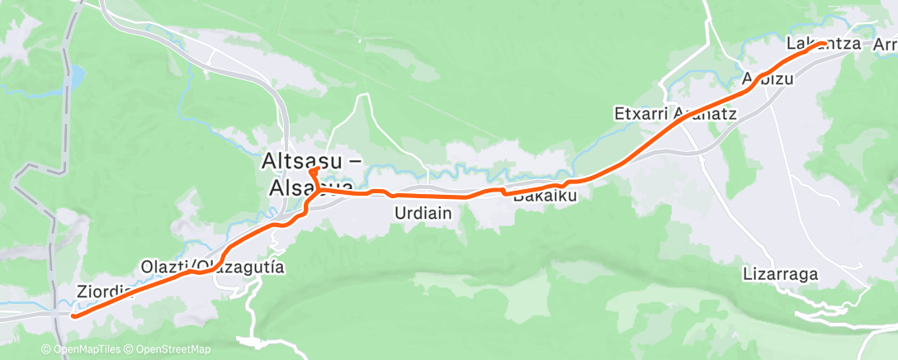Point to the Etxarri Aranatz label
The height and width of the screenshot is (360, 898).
tap(675, 113)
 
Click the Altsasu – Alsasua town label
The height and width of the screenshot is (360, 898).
tap(312, 173)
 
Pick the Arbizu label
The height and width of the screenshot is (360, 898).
tap(768, 80)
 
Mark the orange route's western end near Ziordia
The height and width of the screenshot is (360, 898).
tap(73, 315)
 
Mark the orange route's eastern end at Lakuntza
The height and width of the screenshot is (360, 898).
tap(824, 43)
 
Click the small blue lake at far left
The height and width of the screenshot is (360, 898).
tap(75, 78)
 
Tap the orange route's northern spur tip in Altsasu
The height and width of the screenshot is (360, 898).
tap(313, 170)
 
